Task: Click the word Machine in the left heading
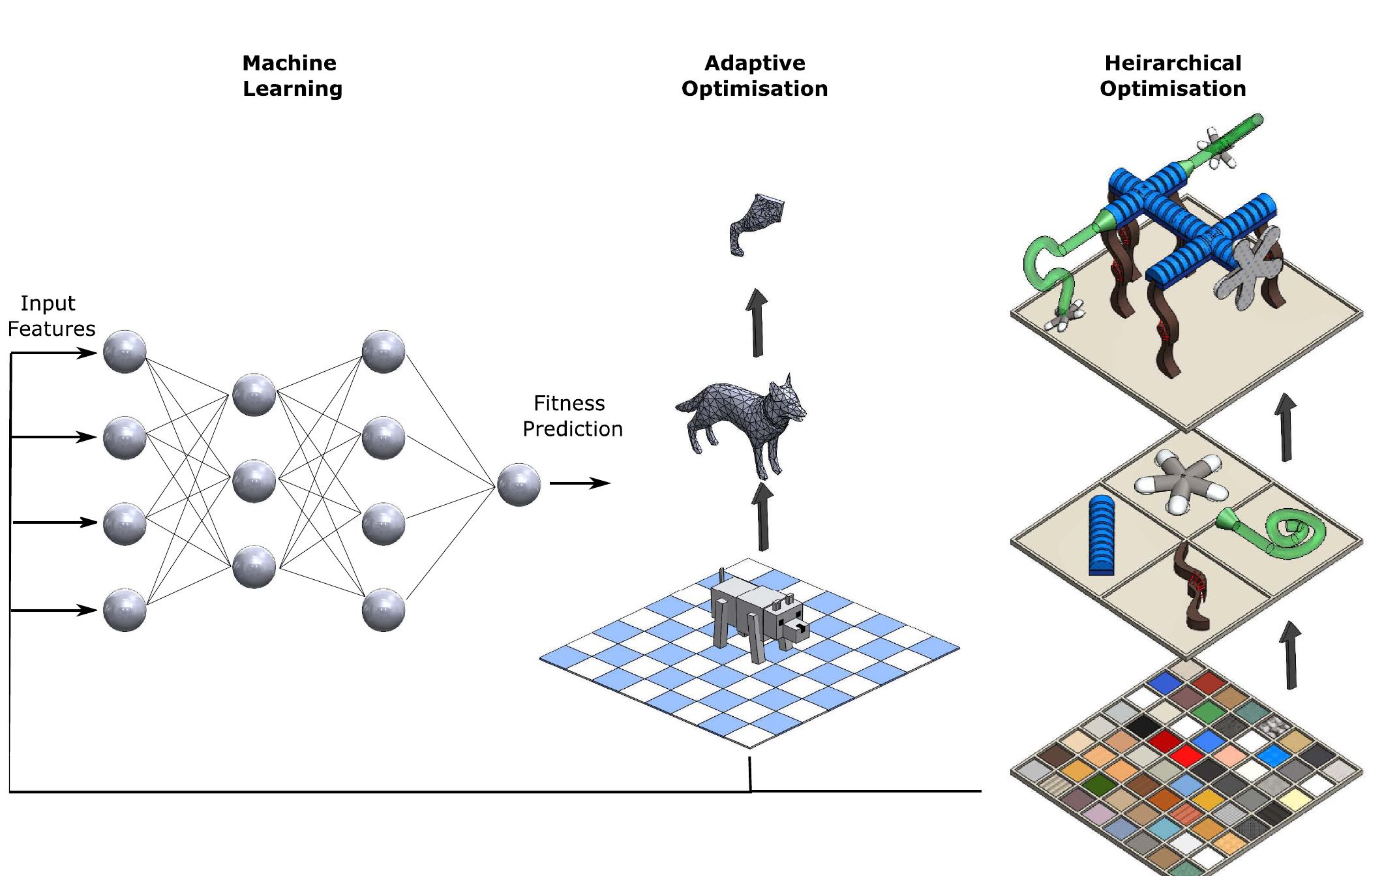tap(289, 63)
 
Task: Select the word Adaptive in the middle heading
tap(755, 63)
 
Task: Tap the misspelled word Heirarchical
tap(1172, 63)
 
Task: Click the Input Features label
tap(51, 316)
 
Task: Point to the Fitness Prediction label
tap(572, 416)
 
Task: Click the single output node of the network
tap(519, 485)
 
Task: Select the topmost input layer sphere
tap(125, 352)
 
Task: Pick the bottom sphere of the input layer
tap(125, 610)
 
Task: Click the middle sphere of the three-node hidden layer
tap(254, 481)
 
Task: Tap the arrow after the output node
tap(579, 483)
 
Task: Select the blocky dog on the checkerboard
tap(757, 616)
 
